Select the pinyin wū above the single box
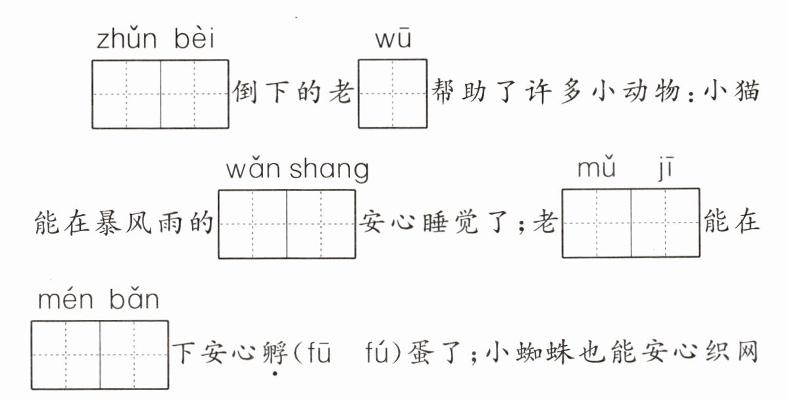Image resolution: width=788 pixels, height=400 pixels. click(x=393, y=41)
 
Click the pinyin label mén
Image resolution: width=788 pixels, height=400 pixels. click(x=64, y=301)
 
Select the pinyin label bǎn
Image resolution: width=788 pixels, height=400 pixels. click(x=135, y=300)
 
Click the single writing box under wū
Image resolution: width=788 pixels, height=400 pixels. click(x=393, y=94)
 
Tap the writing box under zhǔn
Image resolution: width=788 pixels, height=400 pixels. click(x=126, y=94)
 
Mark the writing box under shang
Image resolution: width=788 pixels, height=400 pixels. click(x=321, y=223)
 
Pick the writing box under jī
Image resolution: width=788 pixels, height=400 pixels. click(x=666, y=223)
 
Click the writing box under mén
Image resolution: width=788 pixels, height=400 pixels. click(x=65, y=354)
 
